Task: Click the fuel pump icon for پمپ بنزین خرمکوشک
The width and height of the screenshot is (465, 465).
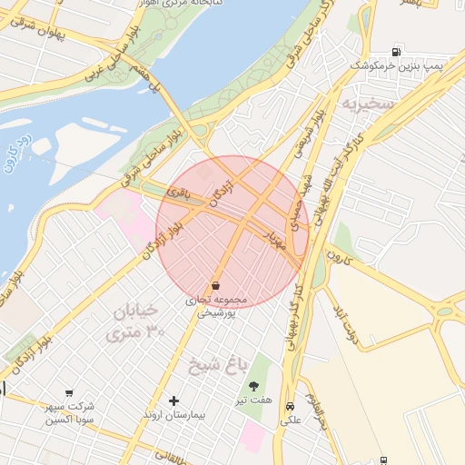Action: click(395, 52)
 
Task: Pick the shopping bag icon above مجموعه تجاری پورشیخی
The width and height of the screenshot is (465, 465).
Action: click(215, 285)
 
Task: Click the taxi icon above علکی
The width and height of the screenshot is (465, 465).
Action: click(290, 407)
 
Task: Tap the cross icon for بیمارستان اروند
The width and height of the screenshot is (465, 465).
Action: click(174, 401)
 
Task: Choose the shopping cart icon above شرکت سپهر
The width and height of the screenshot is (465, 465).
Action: click(69, 392)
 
